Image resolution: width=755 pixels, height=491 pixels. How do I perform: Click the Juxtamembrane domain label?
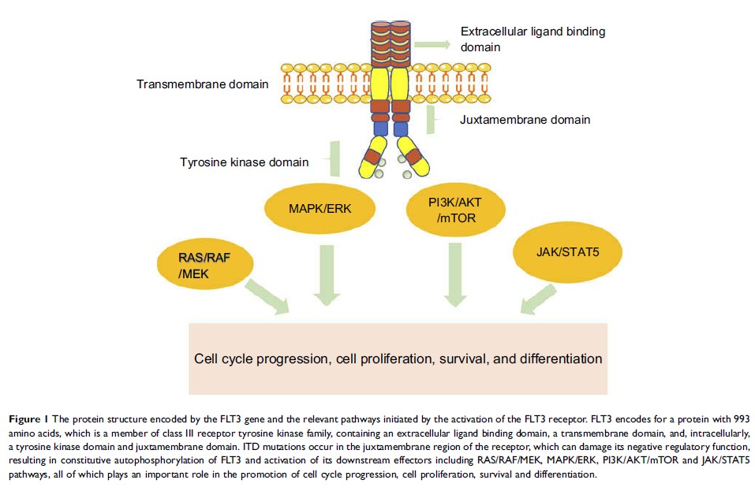point(525,120)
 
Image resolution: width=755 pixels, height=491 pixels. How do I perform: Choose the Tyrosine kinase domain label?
point(244,162)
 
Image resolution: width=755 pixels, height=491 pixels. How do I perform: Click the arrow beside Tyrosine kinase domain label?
point(336,158)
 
